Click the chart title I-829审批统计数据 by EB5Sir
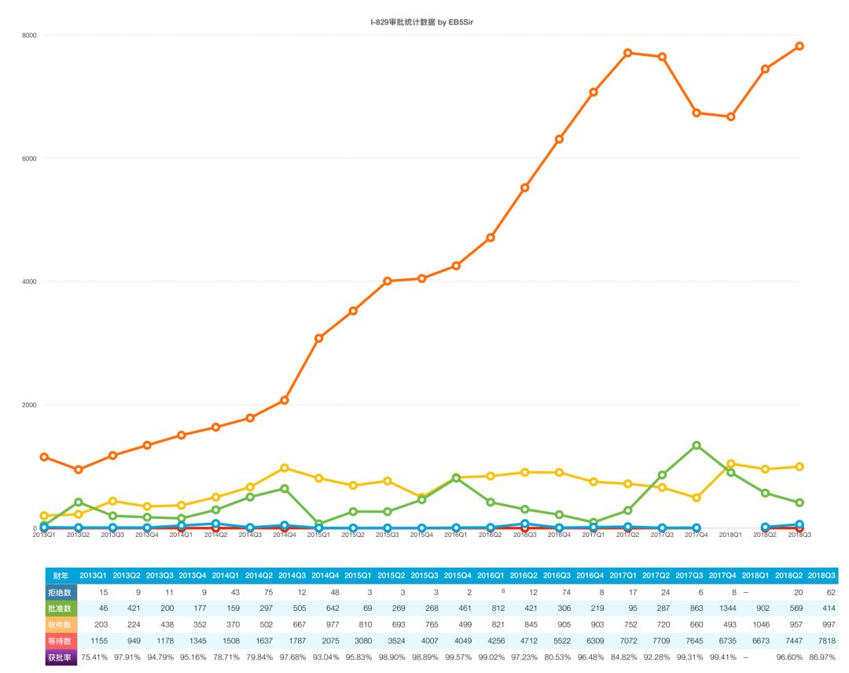pyautogui.click(x=422, y=22)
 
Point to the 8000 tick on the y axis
pyautogui.click(x=29, y=35)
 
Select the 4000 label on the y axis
pyautogui.click(x=29, y=281)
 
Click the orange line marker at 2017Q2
pyautogui.click(x=627, y=53)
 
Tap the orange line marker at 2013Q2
pyautogui.click(x=78, y=469)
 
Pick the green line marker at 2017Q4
pyautogui.click(x=696, y=445)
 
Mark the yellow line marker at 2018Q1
pyautogui.click(x=731, y=464)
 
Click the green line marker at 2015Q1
pyautogui.click(x=318, y=524)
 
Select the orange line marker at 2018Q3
pyautogui.click(x=799, y=46)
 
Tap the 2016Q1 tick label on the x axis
pyautogui.click(x=456, y=535)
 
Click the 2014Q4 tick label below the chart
pyautogui.click(x=284, y=535)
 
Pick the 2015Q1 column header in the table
pyautogui.click(x=358, y=576)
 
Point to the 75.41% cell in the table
pyautogui.click(x=94, y=658)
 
